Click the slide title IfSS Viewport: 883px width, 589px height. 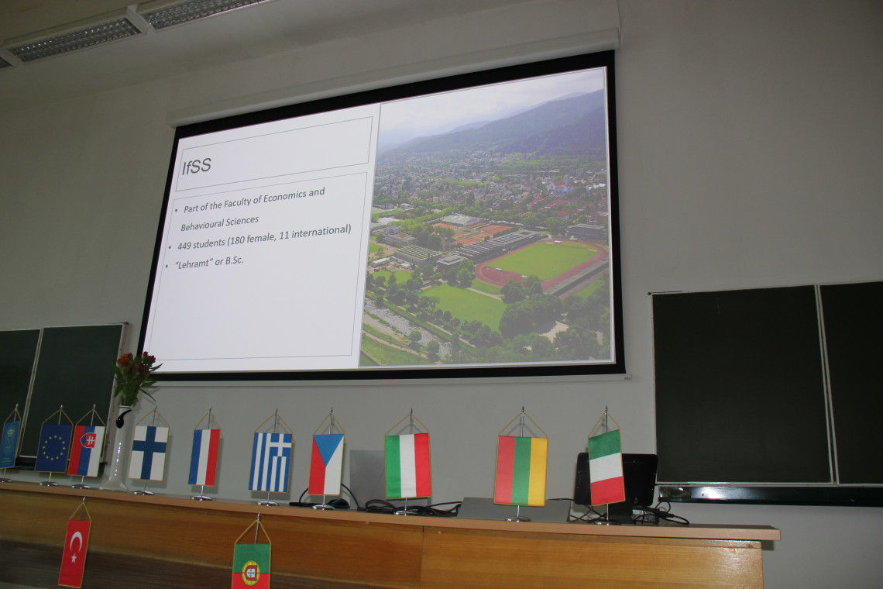tap(197, 166)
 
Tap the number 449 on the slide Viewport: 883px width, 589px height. tap(184, 246)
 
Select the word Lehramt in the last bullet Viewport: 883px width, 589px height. tap(192, 263)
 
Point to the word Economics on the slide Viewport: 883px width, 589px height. tap(286, 197)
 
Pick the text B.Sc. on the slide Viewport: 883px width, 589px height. tap(234, 260)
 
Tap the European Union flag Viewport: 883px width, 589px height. tap(53, 447)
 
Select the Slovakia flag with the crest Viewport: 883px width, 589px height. tap(86, 451)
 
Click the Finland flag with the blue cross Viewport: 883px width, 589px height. tap(148, 453)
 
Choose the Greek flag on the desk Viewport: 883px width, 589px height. tap(270, 462)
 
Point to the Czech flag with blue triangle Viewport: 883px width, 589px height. tap(326, 464)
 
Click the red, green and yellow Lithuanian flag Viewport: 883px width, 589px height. tap(521, 470)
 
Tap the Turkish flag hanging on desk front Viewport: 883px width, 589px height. tap(74, 553)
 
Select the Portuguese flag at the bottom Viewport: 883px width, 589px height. tap(251, 566)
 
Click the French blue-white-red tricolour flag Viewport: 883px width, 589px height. tap(204, 457)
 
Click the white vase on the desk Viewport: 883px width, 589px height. tap(116, 448)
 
